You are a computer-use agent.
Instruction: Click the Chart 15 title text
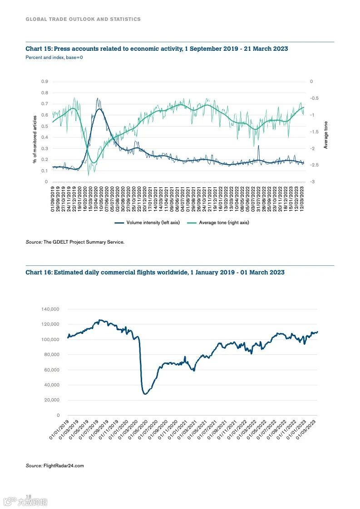point(157,49)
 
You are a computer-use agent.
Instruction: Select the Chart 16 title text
point(155,272)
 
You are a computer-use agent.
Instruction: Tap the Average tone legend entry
point(219,223)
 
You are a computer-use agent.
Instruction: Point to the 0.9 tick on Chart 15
point(44,82)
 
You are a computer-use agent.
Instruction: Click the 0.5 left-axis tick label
point(44,126)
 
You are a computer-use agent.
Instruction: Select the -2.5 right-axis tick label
point(314,165)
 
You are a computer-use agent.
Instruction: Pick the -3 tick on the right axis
point(312,182)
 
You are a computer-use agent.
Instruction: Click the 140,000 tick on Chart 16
point(50,309)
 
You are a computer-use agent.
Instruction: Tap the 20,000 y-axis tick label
point(52,400)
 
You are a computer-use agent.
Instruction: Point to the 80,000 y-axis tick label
point(52,355)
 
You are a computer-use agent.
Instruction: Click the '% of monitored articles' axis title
point(35,139)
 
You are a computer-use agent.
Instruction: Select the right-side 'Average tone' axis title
point(325,135)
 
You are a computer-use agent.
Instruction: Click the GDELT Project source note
point(75,242)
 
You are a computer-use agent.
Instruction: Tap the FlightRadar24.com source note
point(55,466)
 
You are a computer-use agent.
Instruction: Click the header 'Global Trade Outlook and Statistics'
point(83,19)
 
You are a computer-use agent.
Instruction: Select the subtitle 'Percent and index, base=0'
point(54,58)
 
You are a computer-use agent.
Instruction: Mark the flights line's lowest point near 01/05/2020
point(145,394)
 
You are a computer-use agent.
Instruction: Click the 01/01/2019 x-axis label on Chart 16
point(59,429)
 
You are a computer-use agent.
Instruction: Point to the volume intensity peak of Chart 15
point(98,98)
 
